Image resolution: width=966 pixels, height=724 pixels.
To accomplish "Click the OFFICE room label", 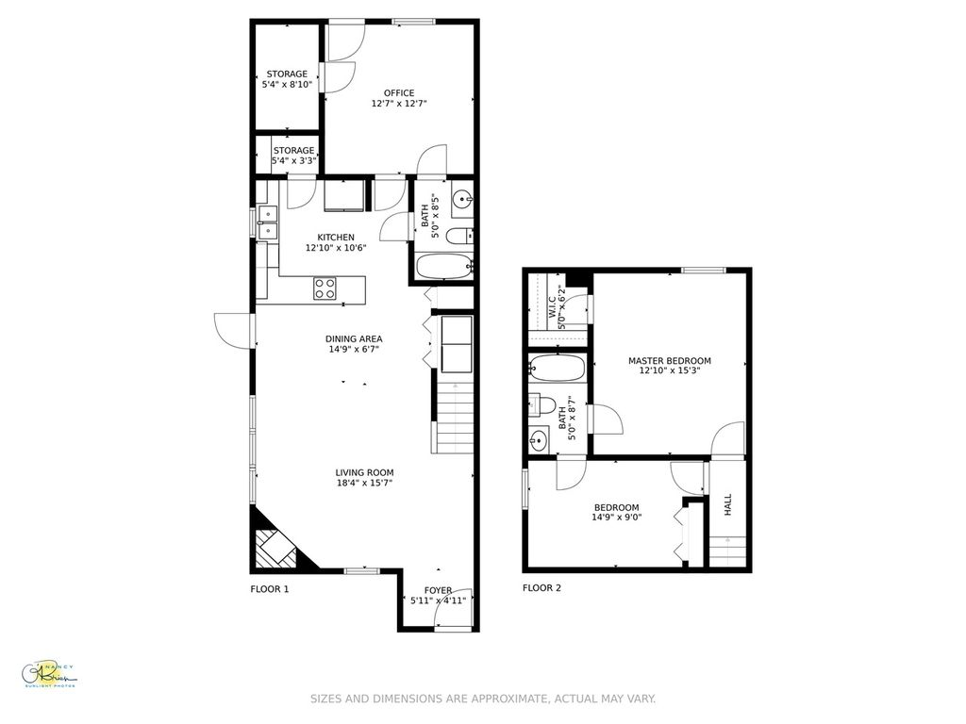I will (x=399, y=92).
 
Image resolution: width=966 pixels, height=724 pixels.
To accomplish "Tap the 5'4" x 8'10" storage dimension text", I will (x=287, y=85).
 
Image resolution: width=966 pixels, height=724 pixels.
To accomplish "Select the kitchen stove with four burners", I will (x=325, y=288).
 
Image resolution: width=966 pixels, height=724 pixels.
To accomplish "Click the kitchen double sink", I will (x=267, y=221).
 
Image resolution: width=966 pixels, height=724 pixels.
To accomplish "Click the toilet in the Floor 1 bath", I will (x=459, y=236).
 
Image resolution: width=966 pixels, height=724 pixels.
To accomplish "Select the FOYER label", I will (x=438, y=590).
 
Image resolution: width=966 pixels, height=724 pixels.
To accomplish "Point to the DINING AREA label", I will (x=354, y=338).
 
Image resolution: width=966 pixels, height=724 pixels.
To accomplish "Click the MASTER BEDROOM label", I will (x=670, y=360).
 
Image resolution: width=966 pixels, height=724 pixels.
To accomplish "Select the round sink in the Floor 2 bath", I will (x=539, y=440).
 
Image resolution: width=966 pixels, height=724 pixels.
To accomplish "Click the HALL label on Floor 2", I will (x=728, y=505).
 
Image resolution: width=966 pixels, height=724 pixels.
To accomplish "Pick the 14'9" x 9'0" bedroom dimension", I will (x=616, y=517).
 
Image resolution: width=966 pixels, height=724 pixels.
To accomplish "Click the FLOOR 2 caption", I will (x=541, y=588).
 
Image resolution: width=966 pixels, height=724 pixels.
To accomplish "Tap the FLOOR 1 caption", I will (x=269, y=589).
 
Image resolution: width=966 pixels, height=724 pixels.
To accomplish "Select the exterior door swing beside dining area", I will (x=234, y=330).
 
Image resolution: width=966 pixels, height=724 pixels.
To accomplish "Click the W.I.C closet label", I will (x=552, y=307).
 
